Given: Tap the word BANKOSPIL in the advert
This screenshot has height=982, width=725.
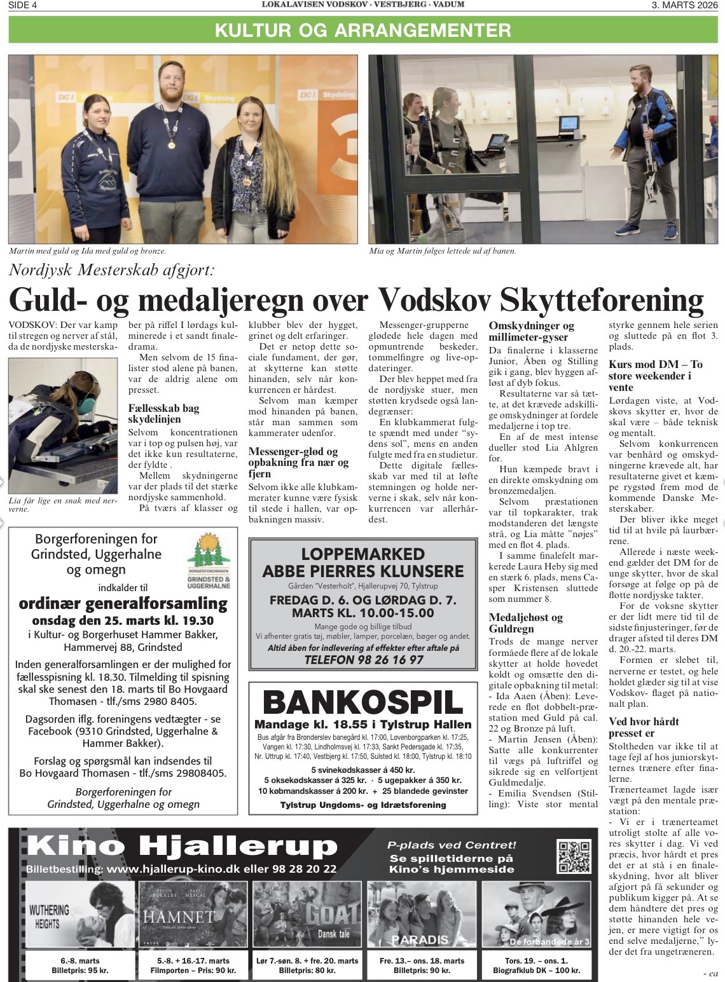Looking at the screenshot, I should [362, 702].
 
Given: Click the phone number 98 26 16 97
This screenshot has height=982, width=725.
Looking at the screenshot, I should [363, 660].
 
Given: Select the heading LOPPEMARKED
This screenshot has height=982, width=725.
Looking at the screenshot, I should [362, 553].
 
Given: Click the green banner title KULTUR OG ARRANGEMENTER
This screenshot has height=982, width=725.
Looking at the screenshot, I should [362, 30].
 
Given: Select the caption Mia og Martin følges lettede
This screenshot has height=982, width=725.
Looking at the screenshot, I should [442, 251].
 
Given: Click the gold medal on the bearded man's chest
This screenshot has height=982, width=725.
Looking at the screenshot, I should [171, 144].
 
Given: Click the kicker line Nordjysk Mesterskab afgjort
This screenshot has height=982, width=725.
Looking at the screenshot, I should [112, 269].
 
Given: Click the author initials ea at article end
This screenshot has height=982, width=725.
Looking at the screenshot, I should [711, 973].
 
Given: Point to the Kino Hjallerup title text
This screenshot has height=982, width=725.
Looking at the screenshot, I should [183, 847].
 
